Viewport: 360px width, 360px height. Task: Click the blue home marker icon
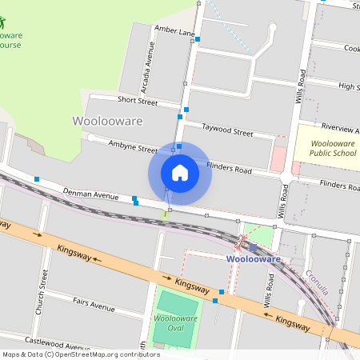pyautogui.click(x=180, y=172)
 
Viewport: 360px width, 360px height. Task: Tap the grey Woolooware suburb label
pyautogui.click(x=108, y=122)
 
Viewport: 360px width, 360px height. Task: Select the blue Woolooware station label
pyautogui.click(x=253, y=259)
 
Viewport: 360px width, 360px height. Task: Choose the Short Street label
pyautogui.click(x=136, y=100)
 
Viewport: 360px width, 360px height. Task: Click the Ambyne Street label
pyautogui.click(x=133, y=148)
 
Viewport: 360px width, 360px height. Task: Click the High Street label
pyautogui.click(x=349, y=86)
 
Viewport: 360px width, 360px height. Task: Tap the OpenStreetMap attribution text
pyautogui.click(x=81, y=354)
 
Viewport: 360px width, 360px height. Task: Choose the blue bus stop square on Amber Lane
pyautogui.click(x=198, y=38)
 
